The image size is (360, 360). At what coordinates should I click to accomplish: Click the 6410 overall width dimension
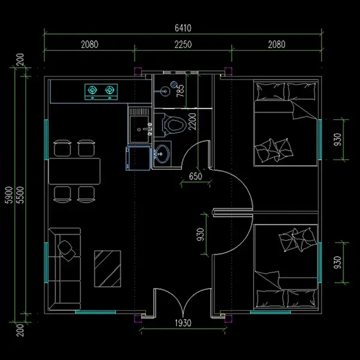183,28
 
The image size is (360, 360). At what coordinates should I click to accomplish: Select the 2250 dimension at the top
183,44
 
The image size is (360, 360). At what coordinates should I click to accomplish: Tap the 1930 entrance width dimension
183,323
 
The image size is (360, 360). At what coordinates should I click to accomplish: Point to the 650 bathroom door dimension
196,176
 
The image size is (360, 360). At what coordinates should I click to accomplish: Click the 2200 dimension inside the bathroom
193,121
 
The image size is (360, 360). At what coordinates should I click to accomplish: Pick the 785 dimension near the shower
181,91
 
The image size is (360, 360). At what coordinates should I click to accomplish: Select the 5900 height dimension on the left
9,195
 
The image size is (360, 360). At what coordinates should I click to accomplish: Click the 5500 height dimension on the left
20,195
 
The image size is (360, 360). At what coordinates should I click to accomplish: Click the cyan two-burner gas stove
101,92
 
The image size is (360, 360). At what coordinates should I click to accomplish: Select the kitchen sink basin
139,129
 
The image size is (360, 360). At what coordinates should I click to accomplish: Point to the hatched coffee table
107,269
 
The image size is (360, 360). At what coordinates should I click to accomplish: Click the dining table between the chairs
74,171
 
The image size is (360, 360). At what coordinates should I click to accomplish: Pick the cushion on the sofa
67,250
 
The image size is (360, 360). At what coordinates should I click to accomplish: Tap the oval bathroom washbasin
162,154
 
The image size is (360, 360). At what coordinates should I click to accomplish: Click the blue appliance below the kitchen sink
138,158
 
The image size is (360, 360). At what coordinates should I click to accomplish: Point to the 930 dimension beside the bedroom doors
200,234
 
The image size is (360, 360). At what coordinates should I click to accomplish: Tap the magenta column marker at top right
228,71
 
